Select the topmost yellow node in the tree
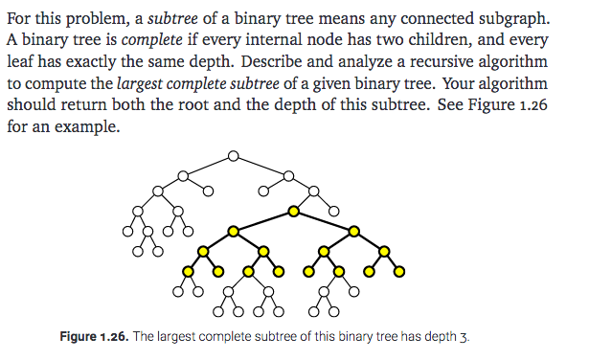tap(294, 209)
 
